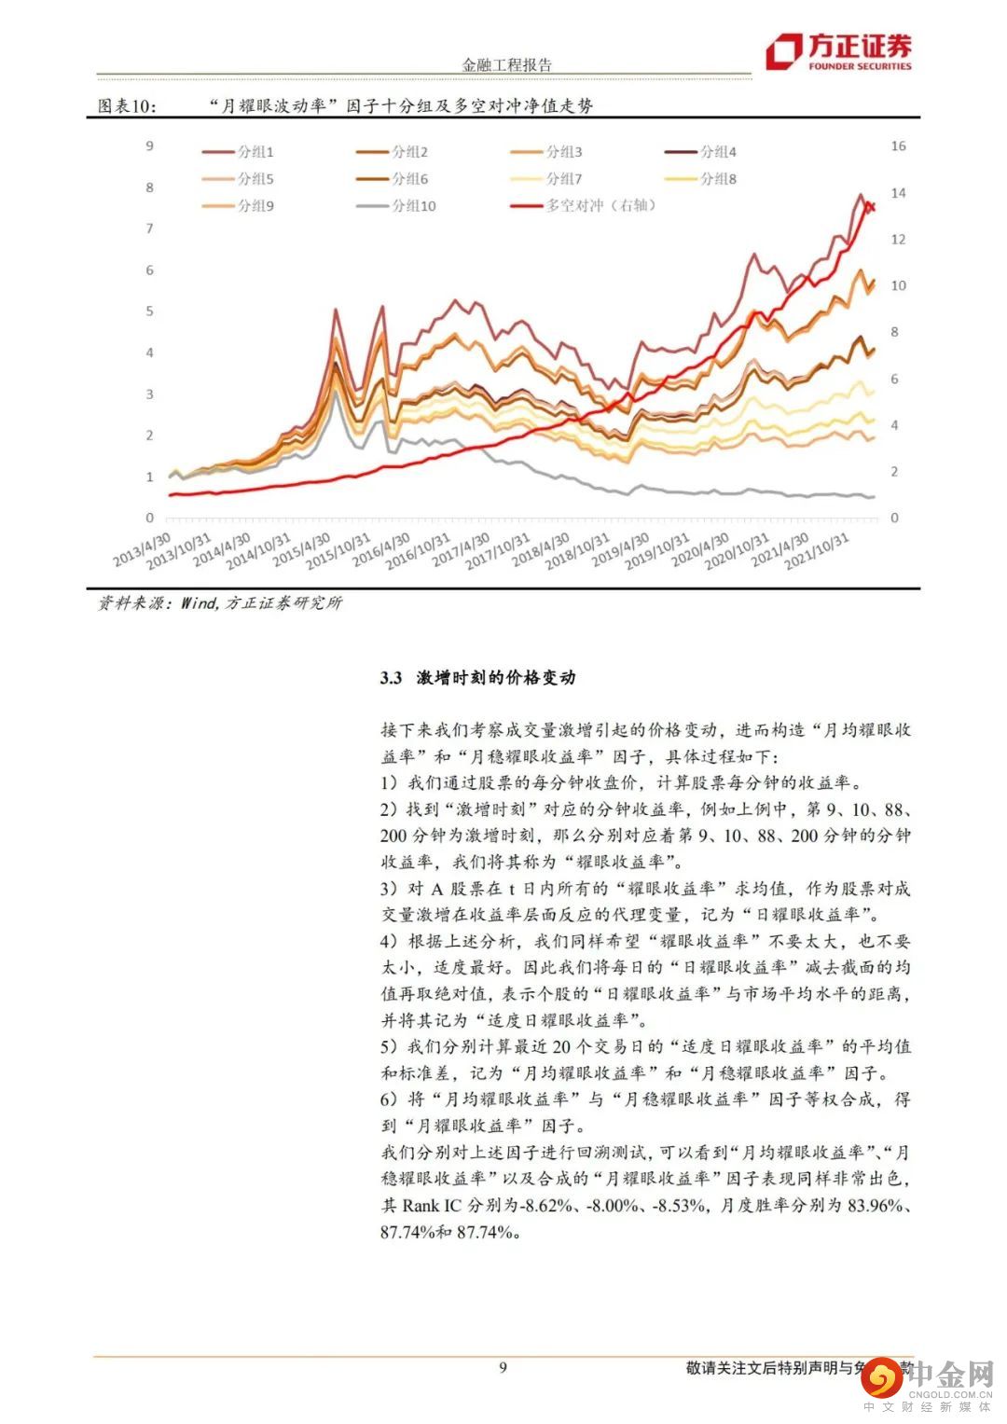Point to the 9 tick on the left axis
[149, 145]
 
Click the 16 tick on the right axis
[898, 145]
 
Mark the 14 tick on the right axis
[898, 193]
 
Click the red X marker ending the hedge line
[869, 206]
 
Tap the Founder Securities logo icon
[783, 51]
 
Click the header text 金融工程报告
[506, 64]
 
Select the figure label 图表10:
[128, 105]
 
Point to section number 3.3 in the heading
[391, 678]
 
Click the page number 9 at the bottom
[504, 1368]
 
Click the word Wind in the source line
[198, 603]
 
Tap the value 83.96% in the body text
[876, 1205]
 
